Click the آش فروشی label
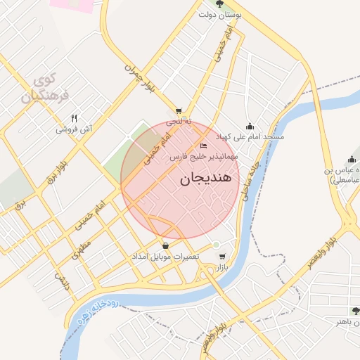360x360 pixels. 75,129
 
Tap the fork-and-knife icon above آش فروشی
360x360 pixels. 75,118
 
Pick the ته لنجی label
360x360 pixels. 179,122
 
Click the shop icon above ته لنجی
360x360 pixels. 179,111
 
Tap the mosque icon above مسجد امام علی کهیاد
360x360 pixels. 249,126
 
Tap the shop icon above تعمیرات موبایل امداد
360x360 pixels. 166,245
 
